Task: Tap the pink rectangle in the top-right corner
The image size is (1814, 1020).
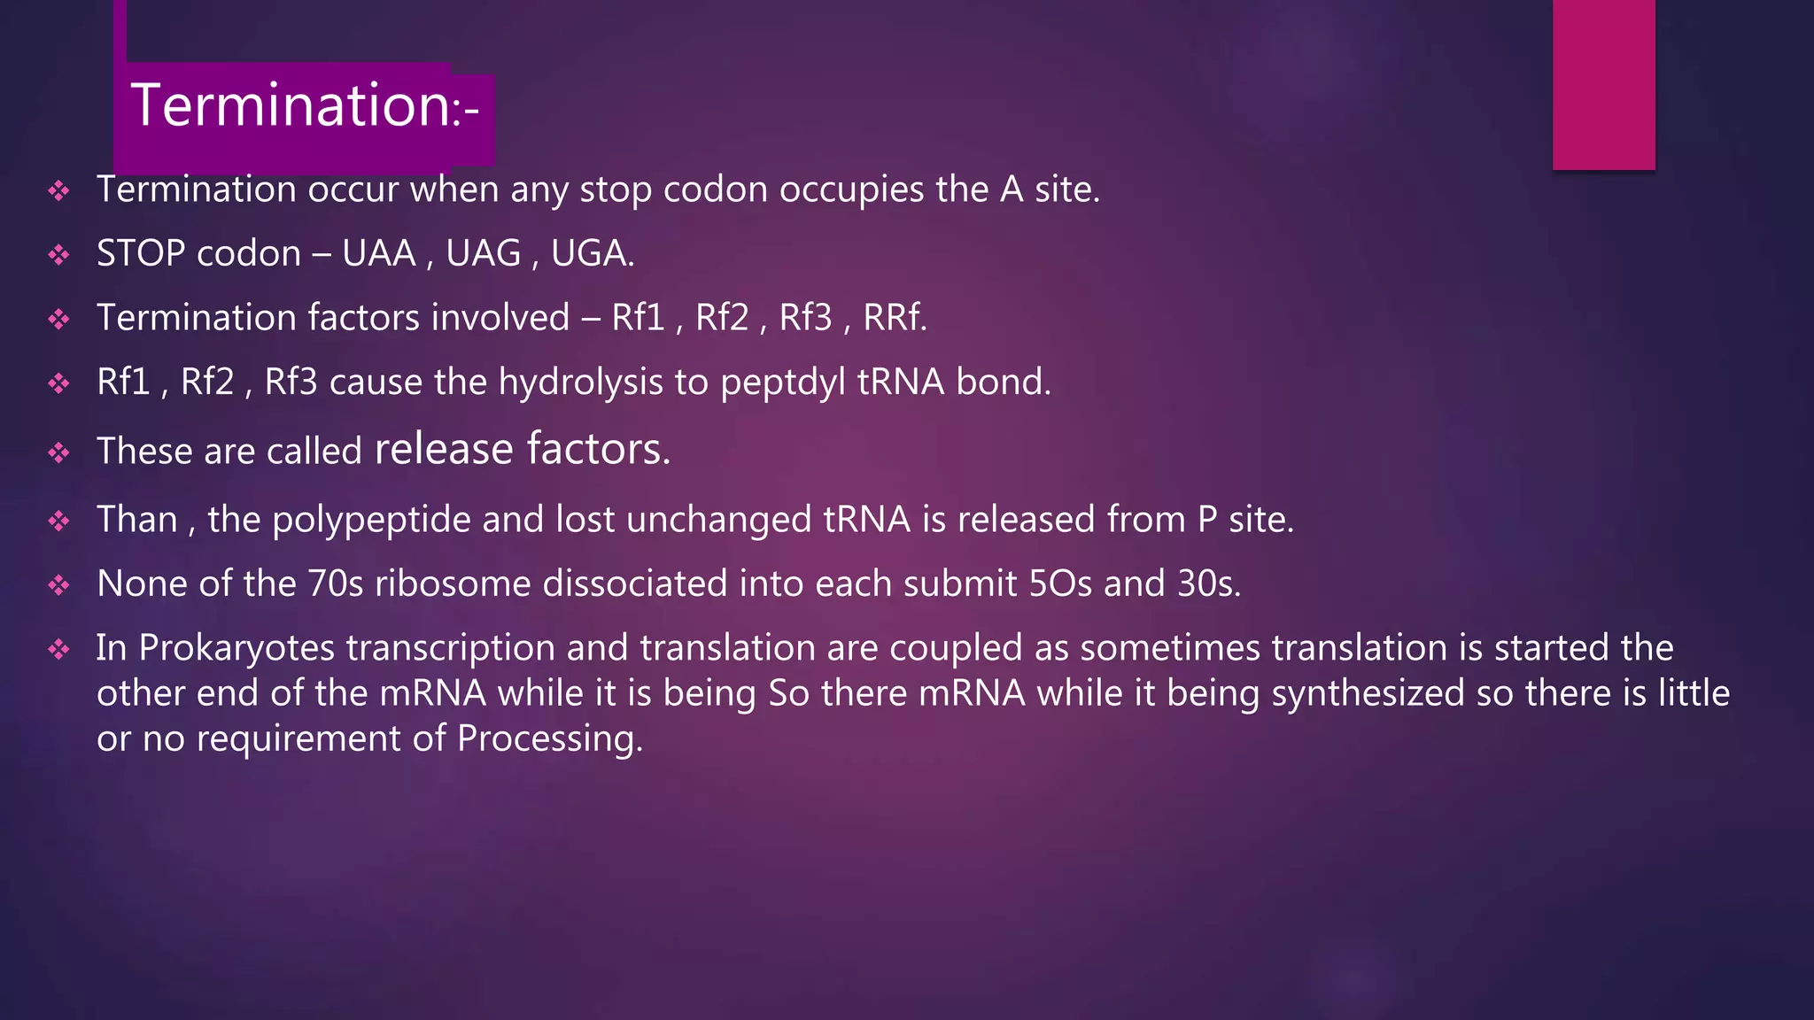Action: coord(1603,84)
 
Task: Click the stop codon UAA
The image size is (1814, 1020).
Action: coord(379,254)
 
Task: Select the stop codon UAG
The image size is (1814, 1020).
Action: coord(484,254)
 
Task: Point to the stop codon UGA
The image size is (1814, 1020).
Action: coord(590,254)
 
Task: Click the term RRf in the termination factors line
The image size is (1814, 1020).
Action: coord(894,318)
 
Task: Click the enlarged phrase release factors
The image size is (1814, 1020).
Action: coord(522,449)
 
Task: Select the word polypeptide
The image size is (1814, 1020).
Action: coord(371,520)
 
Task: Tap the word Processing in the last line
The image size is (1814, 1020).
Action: coord(549,738)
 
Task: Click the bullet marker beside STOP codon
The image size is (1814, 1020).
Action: coord(59,255)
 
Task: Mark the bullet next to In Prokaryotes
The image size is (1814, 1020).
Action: coord(59,650)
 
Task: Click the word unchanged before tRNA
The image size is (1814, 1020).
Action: coord(718,520)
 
